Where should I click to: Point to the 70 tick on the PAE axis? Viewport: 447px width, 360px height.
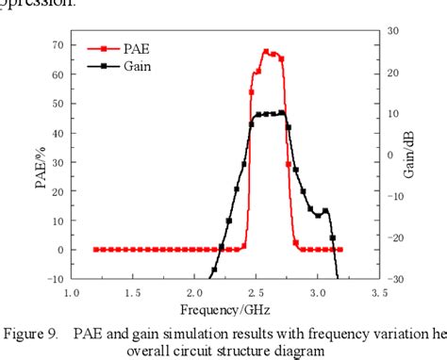[58, 45]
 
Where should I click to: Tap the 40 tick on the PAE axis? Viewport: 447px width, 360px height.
[58, 133]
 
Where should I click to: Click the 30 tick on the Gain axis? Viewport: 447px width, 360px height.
[393, 32]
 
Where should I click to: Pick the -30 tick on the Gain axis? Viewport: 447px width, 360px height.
[395, 279]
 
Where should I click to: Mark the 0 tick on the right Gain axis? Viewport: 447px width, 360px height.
[390, 155]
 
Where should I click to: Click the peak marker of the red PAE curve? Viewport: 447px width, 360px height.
[266, 52]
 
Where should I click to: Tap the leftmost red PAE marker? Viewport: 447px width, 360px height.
[96, 250]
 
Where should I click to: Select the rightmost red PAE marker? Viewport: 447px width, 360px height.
[339, 250]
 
